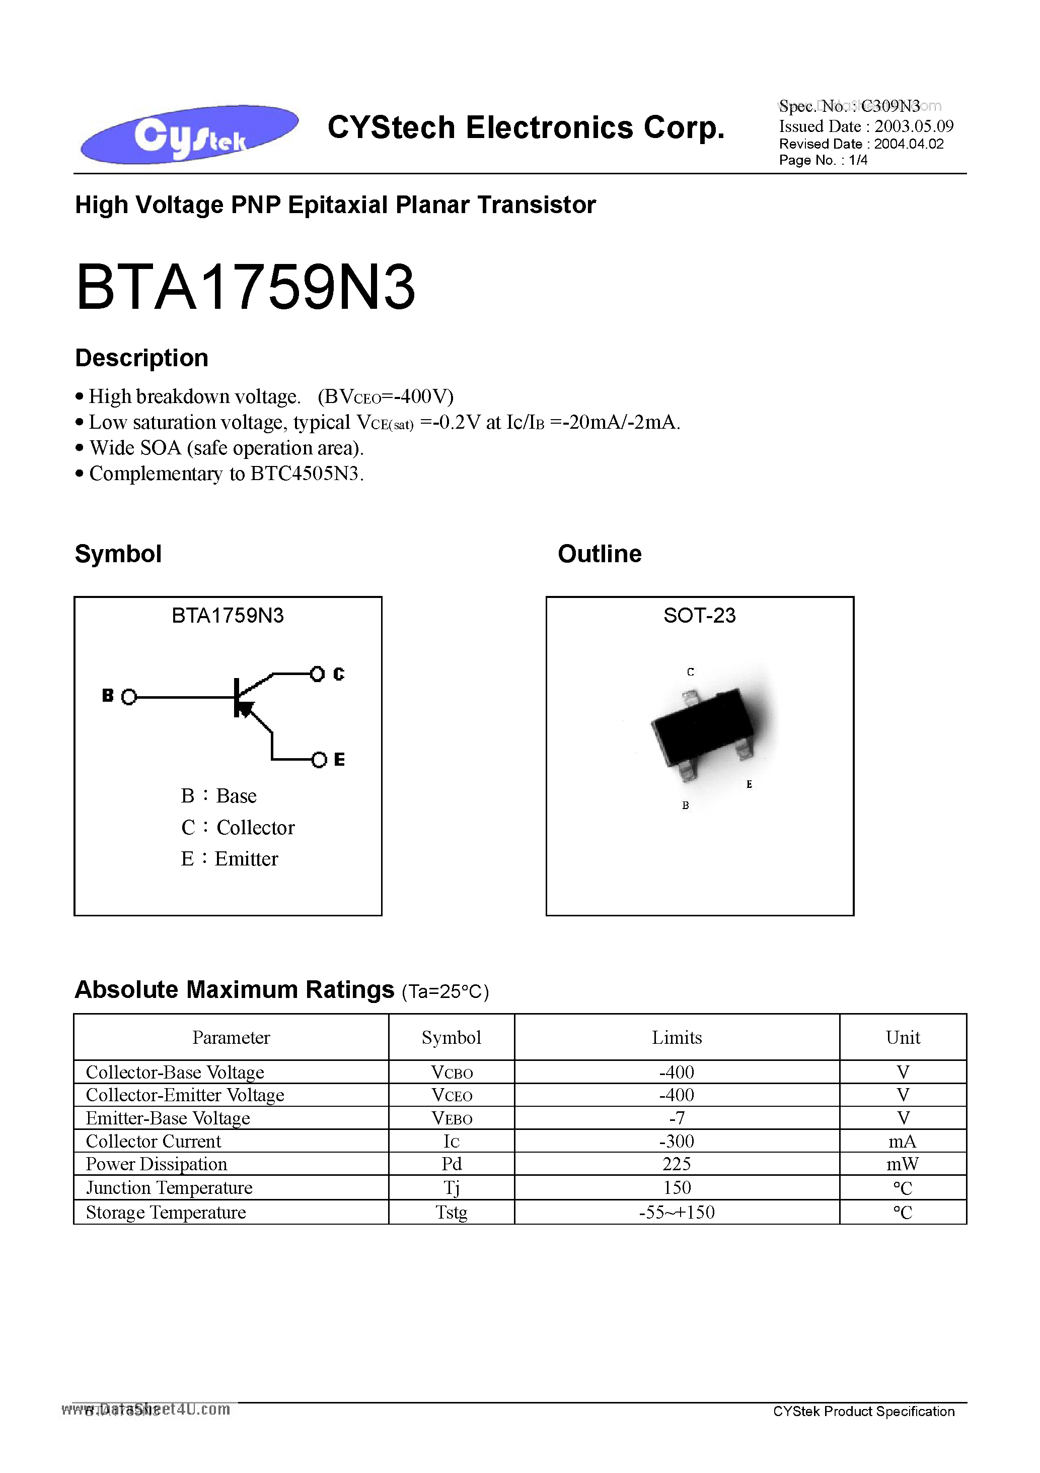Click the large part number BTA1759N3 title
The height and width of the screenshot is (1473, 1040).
[246, 288]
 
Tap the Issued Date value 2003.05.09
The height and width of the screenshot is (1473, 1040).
[914, 126]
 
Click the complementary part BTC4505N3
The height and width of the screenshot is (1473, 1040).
[305, 474]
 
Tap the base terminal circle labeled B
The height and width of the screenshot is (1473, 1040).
[129, 697]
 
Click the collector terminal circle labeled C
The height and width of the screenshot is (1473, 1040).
[317, 674]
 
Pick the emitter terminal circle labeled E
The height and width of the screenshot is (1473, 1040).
[319, 760]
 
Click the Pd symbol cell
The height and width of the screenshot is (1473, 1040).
[452, 1164]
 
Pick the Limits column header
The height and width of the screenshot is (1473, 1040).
[677, 1037]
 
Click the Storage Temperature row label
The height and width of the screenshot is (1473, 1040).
[166, 1212]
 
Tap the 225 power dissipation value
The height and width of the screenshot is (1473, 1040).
[677, 1164]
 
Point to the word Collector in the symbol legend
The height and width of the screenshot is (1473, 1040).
[255, 828]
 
